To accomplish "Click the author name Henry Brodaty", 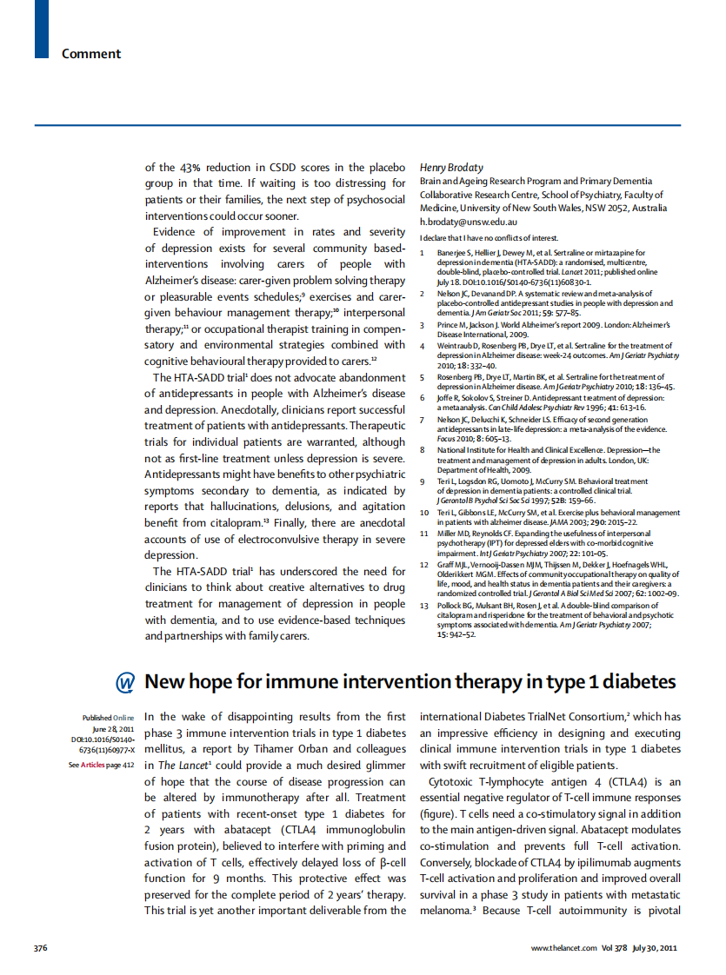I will pos(451,167).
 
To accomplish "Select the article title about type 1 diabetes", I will pos(410,681).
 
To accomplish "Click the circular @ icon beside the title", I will pos(125,682).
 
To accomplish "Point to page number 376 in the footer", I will pos(41,947).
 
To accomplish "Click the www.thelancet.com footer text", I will pos(563,947).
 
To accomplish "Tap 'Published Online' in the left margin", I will pos(108,718).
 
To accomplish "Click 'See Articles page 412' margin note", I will pos(101,765).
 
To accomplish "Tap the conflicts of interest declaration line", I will pos(489,238).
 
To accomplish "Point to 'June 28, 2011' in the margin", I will pos(113,729).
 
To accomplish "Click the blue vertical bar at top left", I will pos(41,29).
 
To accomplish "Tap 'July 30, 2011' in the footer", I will pos(654,947).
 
